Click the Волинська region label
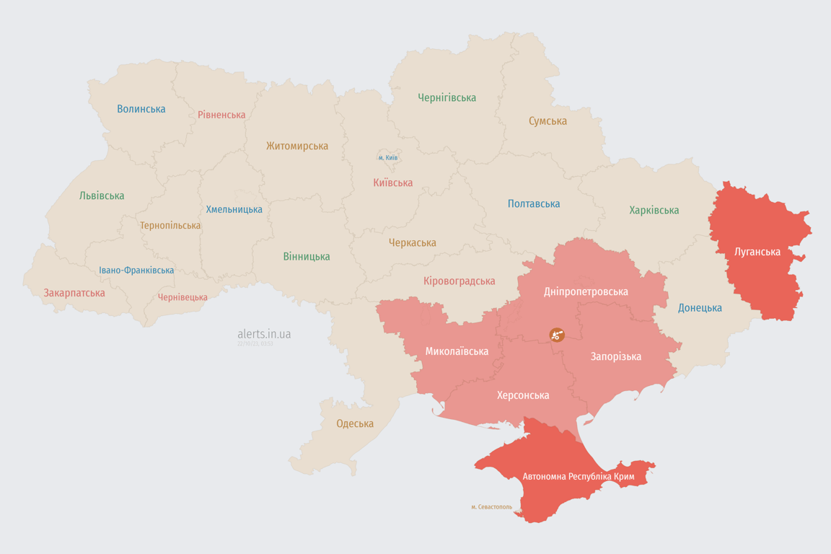point(141,109)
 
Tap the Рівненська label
point(221,115)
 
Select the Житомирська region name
point(296,146)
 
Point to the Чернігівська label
point(447,97)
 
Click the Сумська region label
point(548,120)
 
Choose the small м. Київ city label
point(388,157)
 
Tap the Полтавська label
point(534,203)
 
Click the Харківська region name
point(654,210)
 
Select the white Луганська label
point(757,252)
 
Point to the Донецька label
point(700,308)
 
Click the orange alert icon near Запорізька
point(556,334)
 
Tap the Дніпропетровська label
point(586,291)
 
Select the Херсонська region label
point(523,395)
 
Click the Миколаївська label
point(457,351)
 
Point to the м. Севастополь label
point(491,507)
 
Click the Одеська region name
point(355,423)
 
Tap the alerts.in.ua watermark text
point(264,334)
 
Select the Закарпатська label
point(74,293)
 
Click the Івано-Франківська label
point(136,271)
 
